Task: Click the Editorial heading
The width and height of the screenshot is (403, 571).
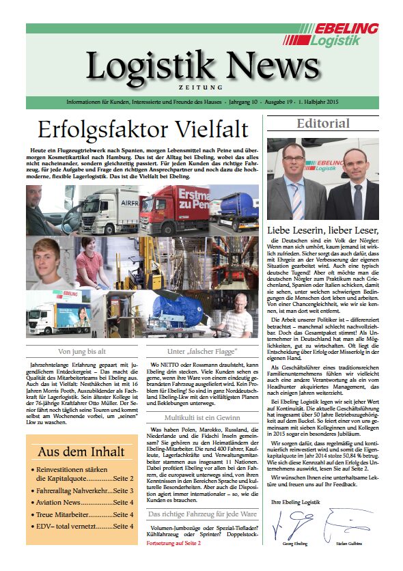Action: click(323, 124)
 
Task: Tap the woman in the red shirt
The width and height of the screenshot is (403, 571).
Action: click(92, 263)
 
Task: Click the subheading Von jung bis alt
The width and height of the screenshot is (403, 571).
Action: click(81, 352)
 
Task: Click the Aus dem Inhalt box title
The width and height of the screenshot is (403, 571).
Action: click(81, 451)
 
